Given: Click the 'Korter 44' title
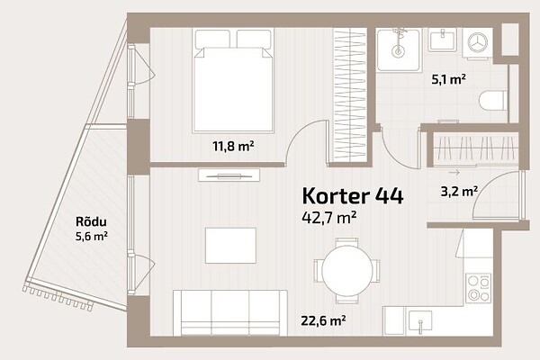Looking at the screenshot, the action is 352,196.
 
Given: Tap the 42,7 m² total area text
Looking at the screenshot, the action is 328,218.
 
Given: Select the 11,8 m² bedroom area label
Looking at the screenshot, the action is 233,147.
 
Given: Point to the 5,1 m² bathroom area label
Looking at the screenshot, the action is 449,79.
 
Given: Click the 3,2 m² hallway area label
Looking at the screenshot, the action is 459,192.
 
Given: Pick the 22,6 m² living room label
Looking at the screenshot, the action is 323,320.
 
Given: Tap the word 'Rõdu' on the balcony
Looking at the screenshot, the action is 91,222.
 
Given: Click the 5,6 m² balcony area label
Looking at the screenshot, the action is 91,237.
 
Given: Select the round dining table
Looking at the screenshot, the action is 347,271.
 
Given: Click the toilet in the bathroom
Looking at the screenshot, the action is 493,101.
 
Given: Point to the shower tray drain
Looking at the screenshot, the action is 398,51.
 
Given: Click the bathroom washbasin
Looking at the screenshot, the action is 443,40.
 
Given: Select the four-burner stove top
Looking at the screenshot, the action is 479,288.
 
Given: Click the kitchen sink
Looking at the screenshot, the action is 419,322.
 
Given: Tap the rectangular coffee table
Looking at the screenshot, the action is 230,246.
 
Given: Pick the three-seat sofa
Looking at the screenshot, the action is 230,313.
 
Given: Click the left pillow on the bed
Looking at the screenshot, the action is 212,39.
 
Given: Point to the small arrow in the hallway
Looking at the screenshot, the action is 454,173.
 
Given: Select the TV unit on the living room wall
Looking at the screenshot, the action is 229,175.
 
